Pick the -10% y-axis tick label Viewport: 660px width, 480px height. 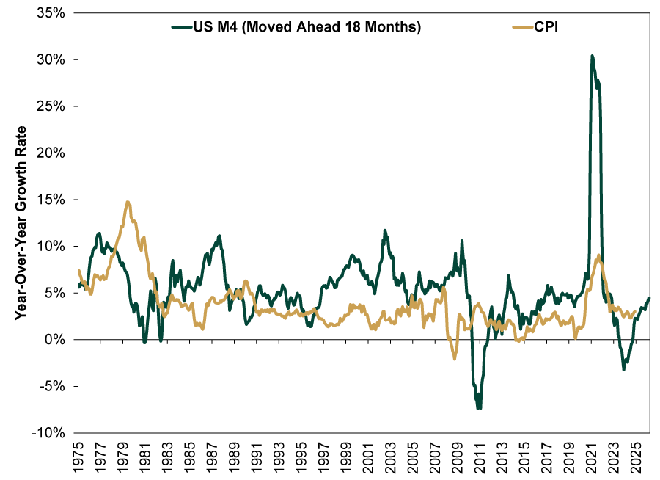(53, 433)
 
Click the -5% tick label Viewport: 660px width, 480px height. (56, 386)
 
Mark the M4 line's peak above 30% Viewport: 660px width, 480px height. (592, 56)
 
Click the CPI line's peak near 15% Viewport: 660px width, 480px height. (128, 202)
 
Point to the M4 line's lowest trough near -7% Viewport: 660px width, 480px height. (479, 408)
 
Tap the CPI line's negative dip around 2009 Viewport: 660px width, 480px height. (455, 358)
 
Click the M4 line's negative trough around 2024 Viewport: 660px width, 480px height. (624, 369)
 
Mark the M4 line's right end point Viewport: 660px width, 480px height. (649, 297)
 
